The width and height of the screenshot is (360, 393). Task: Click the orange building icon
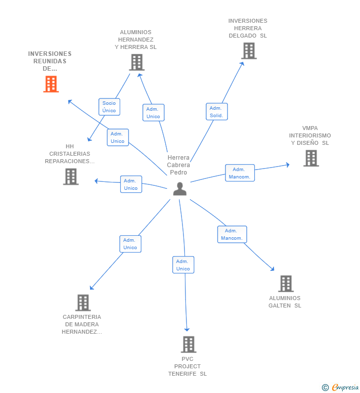tap(50, 84)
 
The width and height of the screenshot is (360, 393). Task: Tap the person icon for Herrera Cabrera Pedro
tap(180, 188)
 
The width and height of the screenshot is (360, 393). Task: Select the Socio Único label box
tap(109, 107)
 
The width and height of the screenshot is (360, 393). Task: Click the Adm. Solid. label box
tap(217, 112)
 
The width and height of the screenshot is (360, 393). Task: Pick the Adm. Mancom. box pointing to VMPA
tap(240, 173)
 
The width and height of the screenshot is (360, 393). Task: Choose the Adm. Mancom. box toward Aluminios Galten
tap(232, 234)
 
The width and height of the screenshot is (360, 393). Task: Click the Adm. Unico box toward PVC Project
tap(183, 265)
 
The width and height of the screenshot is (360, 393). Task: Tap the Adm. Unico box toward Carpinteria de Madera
tap(130, 244)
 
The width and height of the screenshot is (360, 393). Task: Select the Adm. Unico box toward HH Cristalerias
tap(131, 184)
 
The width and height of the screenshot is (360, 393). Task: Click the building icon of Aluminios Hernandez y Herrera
tap(136, 62)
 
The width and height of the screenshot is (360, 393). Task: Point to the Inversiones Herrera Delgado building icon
tap(249, 50)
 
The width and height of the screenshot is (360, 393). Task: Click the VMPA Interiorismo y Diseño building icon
tap(311, 158)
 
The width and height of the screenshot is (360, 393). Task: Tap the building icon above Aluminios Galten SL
tap(286, 284)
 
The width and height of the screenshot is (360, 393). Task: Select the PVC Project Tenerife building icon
tap(188, 345)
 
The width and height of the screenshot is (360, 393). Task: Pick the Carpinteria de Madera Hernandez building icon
tap(83, 303)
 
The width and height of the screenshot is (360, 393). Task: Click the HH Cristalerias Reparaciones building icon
tap(71, 176)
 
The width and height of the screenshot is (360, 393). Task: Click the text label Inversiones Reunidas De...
tap(49, 61)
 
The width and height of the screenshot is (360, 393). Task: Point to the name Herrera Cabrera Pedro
tap(179, 165)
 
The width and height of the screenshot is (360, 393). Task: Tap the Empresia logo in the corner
tap(340, 387)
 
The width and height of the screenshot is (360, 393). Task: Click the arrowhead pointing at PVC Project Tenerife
tap(187, 329)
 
